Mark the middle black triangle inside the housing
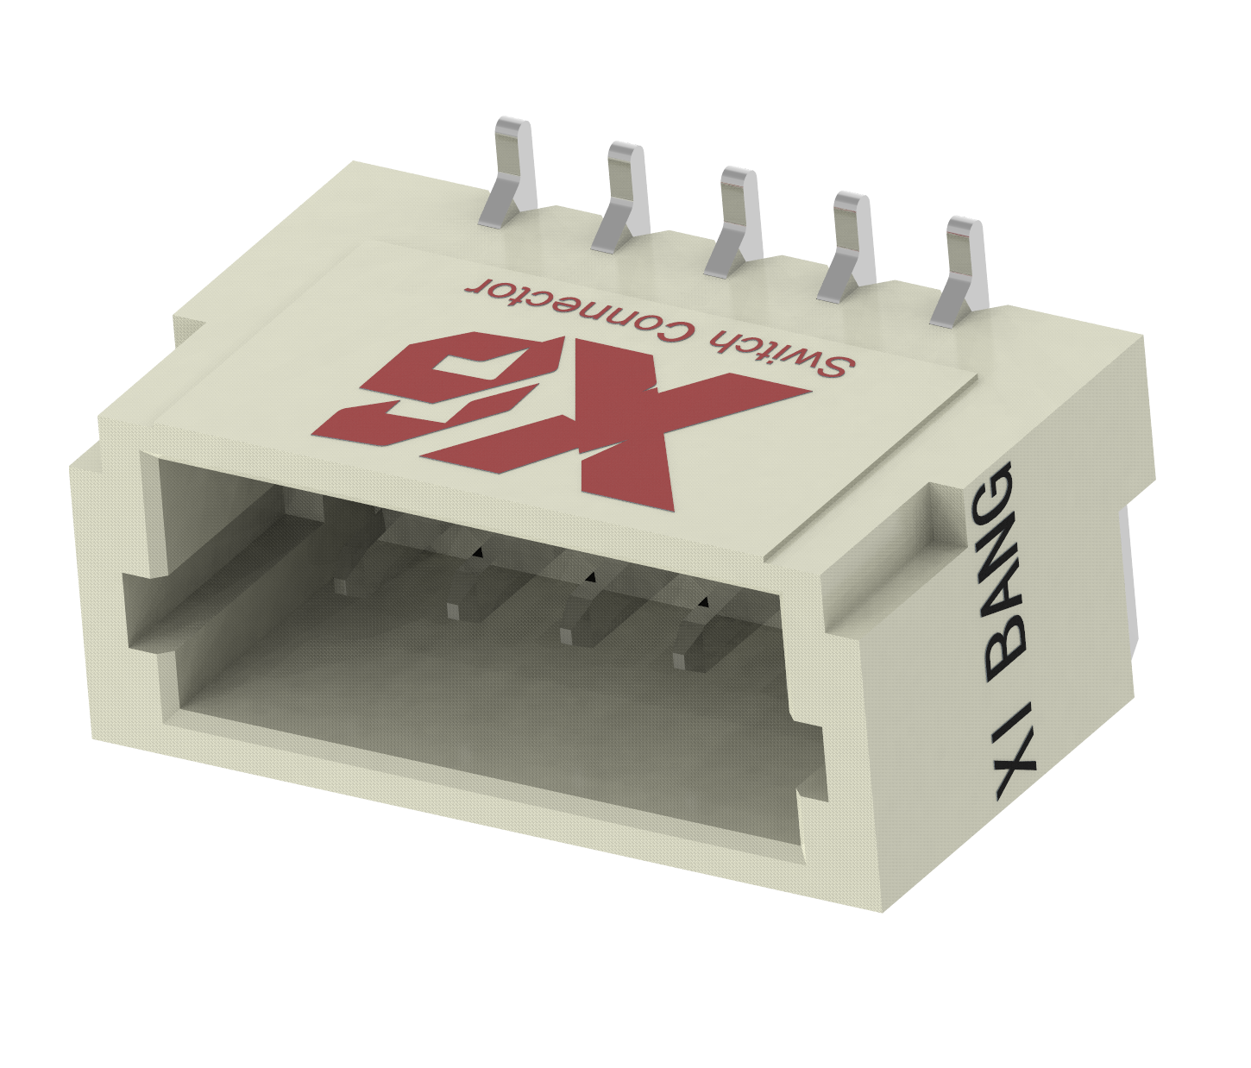[589, 575]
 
